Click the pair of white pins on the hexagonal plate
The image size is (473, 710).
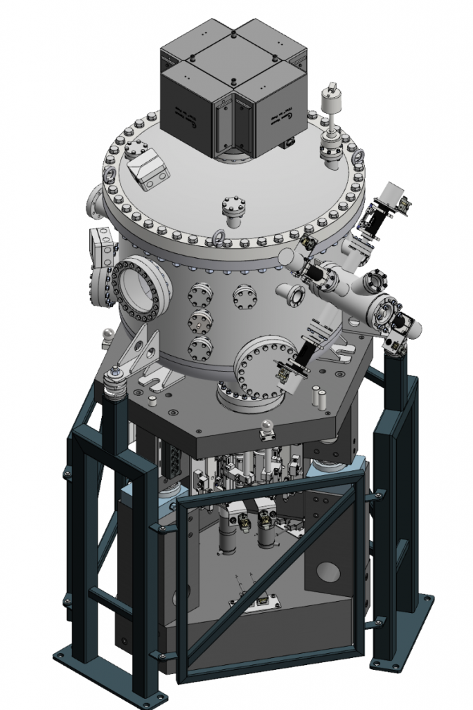tap(318, 398)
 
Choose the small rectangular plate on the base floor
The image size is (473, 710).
tap(262, 600)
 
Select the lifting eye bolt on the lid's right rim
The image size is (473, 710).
tap(359, 159)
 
